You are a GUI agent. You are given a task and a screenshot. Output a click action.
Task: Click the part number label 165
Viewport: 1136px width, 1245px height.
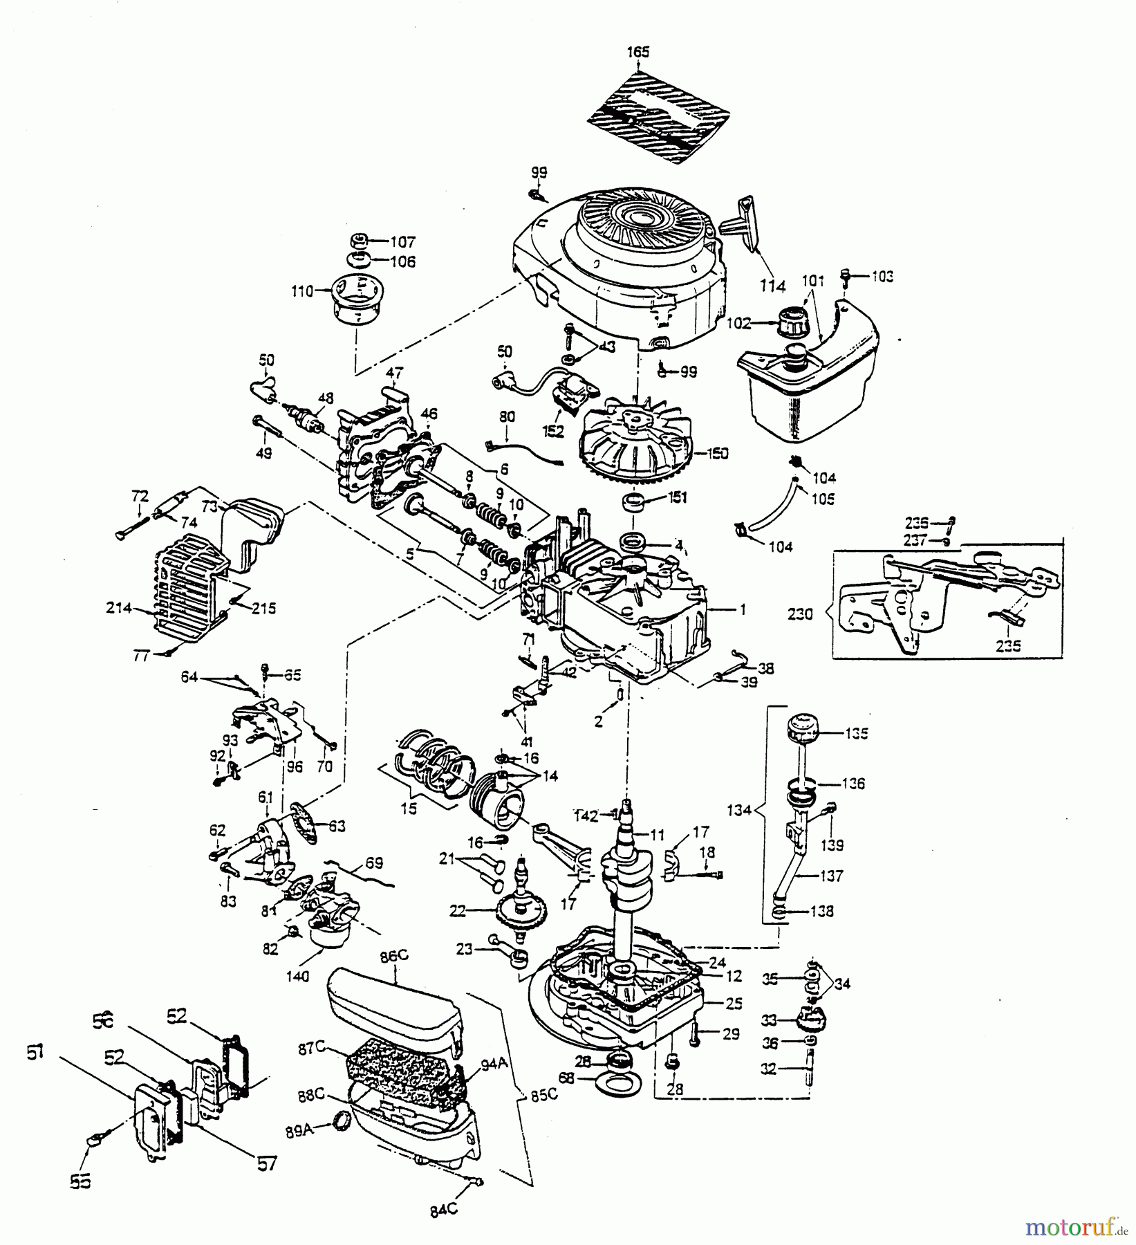638,52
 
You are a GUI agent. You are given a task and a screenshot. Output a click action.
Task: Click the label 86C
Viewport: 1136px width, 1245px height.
393,956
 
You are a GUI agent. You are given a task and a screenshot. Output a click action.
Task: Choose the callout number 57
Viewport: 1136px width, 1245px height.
267,1164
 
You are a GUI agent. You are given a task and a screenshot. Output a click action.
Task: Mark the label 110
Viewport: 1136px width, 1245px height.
302,291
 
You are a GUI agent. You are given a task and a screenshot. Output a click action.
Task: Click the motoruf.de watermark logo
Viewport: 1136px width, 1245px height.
1074,1227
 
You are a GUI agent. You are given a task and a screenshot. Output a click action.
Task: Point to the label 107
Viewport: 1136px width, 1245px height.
402,241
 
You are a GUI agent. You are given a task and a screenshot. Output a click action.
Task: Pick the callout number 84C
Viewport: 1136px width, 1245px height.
443,1210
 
